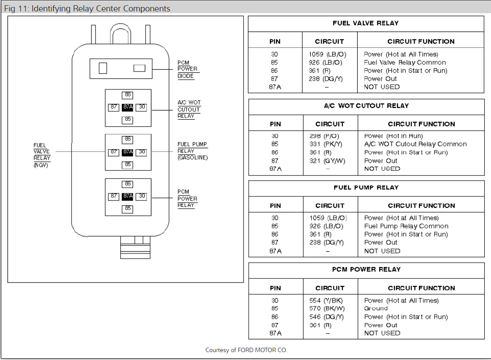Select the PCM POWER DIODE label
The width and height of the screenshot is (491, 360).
tap(187, 69)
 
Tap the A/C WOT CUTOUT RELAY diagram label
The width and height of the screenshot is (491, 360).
tap(189, 109)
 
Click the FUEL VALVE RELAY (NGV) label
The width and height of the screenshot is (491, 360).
tap(42, 155)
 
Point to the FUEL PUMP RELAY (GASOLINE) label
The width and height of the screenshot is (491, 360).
tap(192, 151)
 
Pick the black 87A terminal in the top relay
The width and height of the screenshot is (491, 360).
tap(128, 107)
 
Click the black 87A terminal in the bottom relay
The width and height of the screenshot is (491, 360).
tap(128, 196)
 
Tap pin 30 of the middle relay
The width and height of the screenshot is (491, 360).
tap(141, 152)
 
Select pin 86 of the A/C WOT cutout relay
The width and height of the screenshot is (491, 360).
tap(128, 95)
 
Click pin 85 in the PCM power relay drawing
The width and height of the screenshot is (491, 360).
tap(128, 209)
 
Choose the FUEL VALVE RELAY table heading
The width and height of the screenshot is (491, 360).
tap(365, 23)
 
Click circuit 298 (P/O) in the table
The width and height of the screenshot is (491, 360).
tap(324, 136)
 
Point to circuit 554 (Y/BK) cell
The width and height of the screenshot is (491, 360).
tap(326, 300)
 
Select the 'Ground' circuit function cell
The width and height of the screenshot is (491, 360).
tap(376, 308)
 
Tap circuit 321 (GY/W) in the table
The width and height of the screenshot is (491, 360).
tap(327, 161)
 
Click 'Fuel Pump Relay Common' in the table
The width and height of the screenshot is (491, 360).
tap(406, 226)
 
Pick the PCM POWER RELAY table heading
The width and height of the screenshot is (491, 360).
tap(366, 269)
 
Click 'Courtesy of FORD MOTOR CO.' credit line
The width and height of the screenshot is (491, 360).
tap(246, 350)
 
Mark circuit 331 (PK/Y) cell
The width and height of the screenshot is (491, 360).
tap(326, 144)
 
